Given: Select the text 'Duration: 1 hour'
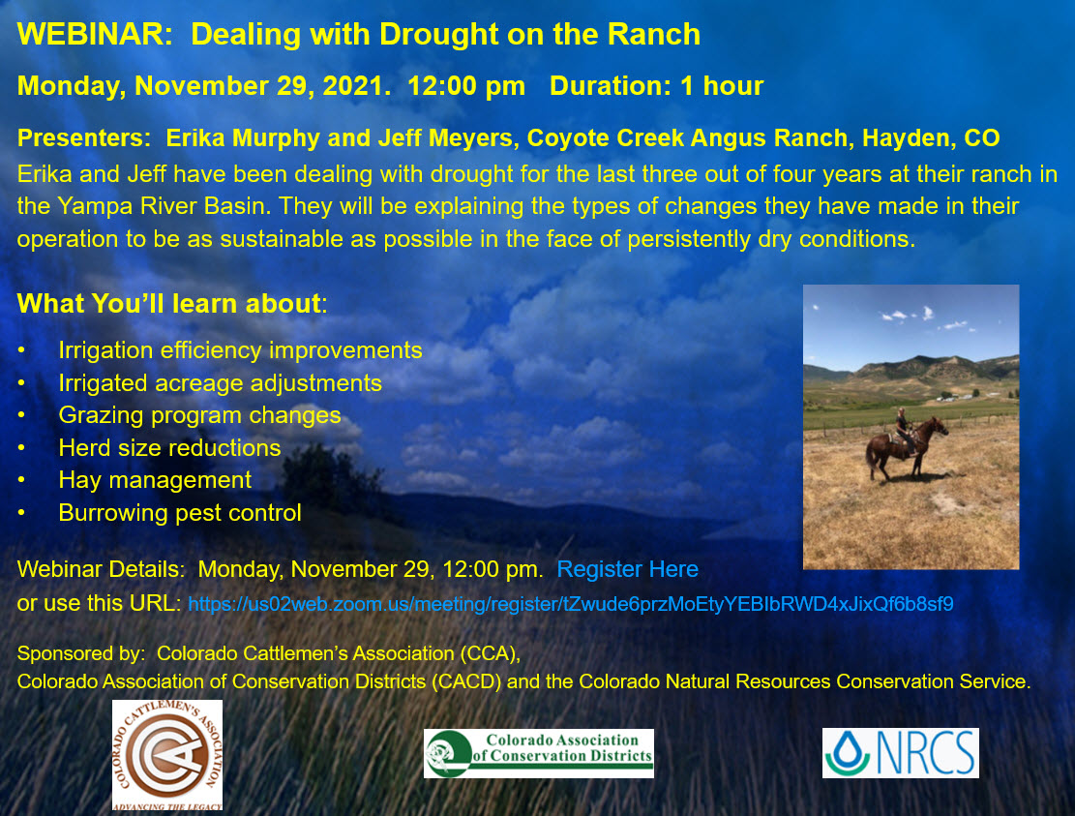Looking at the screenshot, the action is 656,86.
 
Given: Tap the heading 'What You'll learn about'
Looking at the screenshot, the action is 169,303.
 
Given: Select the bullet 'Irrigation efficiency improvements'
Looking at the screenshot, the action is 240,350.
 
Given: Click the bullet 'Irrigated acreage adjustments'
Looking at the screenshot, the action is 220,382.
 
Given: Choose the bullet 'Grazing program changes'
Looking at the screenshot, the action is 199,415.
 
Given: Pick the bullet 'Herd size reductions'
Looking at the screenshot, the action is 169,448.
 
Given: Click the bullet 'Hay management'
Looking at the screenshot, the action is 155,480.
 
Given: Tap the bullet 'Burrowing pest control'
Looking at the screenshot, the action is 180,513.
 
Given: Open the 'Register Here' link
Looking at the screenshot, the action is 627,569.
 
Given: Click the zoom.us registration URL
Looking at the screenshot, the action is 571,604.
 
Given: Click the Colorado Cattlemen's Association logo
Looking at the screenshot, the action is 167,755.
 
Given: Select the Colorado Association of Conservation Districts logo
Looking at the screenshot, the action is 538,754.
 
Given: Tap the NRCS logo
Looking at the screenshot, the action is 900,753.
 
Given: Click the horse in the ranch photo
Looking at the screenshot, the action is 906,448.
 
